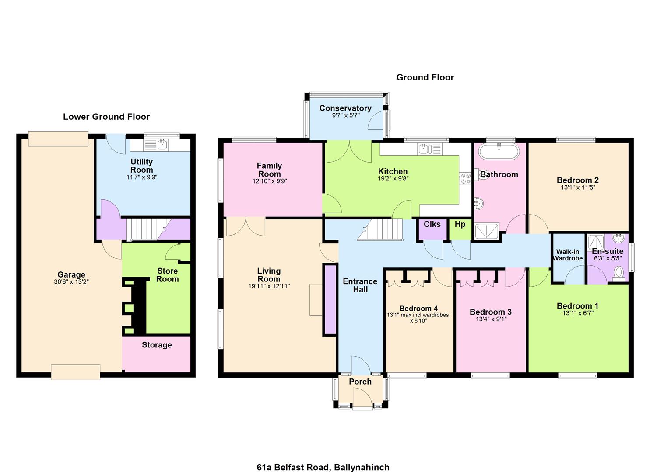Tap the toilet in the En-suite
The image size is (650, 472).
tap(618, 273)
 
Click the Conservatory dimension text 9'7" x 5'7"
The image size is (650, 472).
tap(346, 115)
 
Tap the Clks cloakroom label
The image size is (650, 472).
tap(432, 224)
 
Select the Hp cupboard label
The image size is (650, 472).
tap(460, 224)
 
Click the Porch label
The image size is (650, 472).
tap(360, 382)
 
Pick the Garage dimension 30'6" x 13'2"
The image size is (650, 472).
tap(71, 281)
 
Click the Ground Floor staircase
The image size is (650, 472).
tap(380, 229)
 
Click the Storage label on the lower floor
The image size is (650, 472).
tap(157, 345)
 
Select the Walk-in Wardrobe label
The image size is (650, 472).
tap(567, 255)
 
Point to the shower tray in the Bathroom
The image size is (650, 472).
tap(487, 232)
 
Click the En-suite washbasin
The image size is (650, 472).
tap(619, 238)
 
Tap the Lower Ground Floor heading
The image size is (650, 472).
tap(106, 117)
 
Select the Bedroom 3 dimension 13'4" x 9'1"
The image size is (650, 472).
tap(491, 319)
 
